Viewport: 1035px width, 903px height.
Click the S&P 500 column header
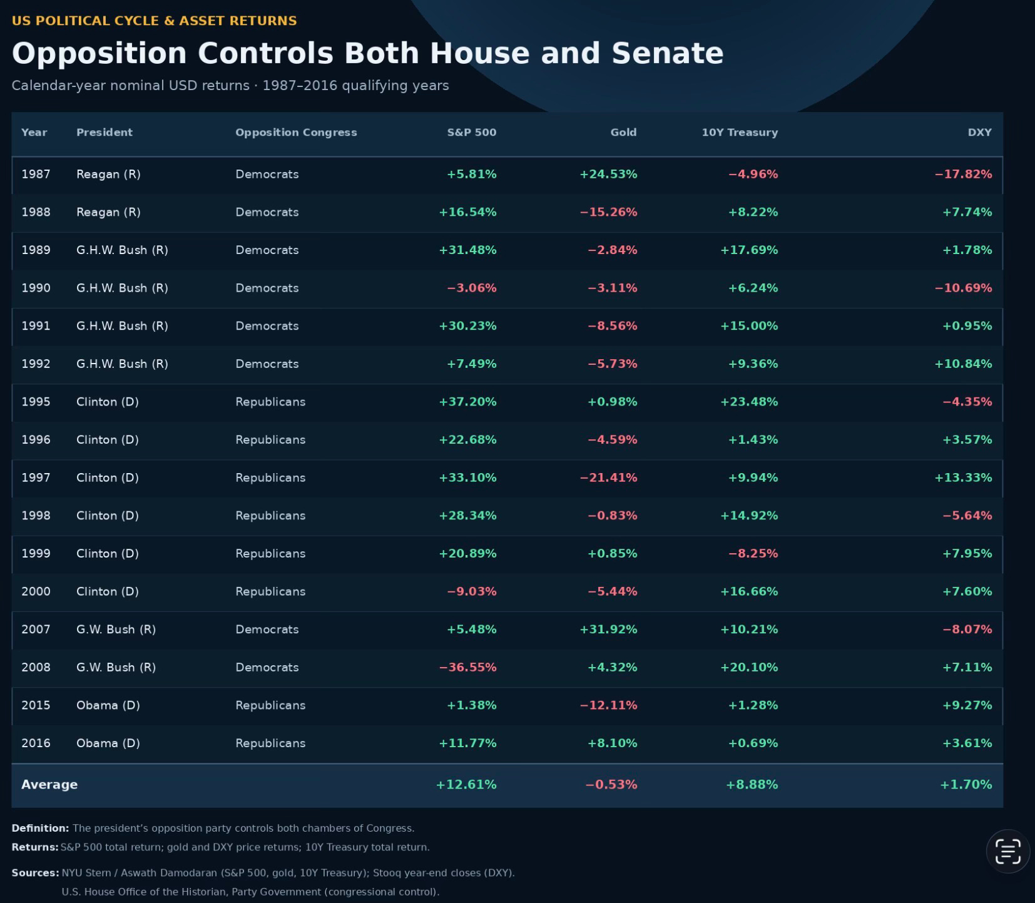pos(472,133)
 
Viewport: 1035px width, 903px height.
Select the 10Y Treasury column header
pos(740,133)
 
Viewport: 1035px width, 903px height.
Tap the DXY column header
pos(979,133)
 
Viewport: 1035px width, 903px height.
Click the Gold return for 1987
pos(608,175)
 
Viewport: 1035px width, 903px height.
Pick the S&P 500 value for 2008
pos(467,668)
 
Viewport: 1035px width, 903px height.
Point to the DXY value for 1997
pos(963,478)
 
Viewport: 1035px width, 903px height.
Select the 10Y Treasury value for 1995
pos(749,402)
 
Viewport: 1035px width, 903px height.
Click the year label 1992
pos(36,364)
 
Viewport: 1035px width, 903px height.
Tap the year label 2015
pos(36,705)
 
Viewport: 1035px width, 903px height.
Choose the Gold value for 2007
pos(608,630)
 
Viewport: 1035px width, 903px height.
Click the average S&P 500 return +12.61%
pos(466,785)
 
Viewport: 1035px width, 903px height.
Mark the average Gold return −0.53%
pos(611,785)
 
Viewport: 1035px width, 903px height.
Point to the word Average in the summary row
pos(49,785)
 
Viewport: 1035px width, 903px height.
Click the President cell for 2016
pos(108,743)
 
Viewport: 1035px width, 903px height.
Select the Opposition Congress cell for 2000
pos(270,592)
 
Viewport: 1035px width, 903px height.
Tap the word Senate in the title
pos(668,53)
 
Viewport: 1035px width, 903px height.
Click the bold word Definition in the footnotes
pos(40,829)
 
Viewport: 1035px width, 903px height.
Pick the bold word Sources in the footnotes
pos(35,873)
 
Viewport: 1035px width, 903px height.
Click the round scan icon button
pos(1007,851)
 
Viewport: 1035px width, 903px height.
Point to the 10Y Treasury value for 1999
pos(753,554)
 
